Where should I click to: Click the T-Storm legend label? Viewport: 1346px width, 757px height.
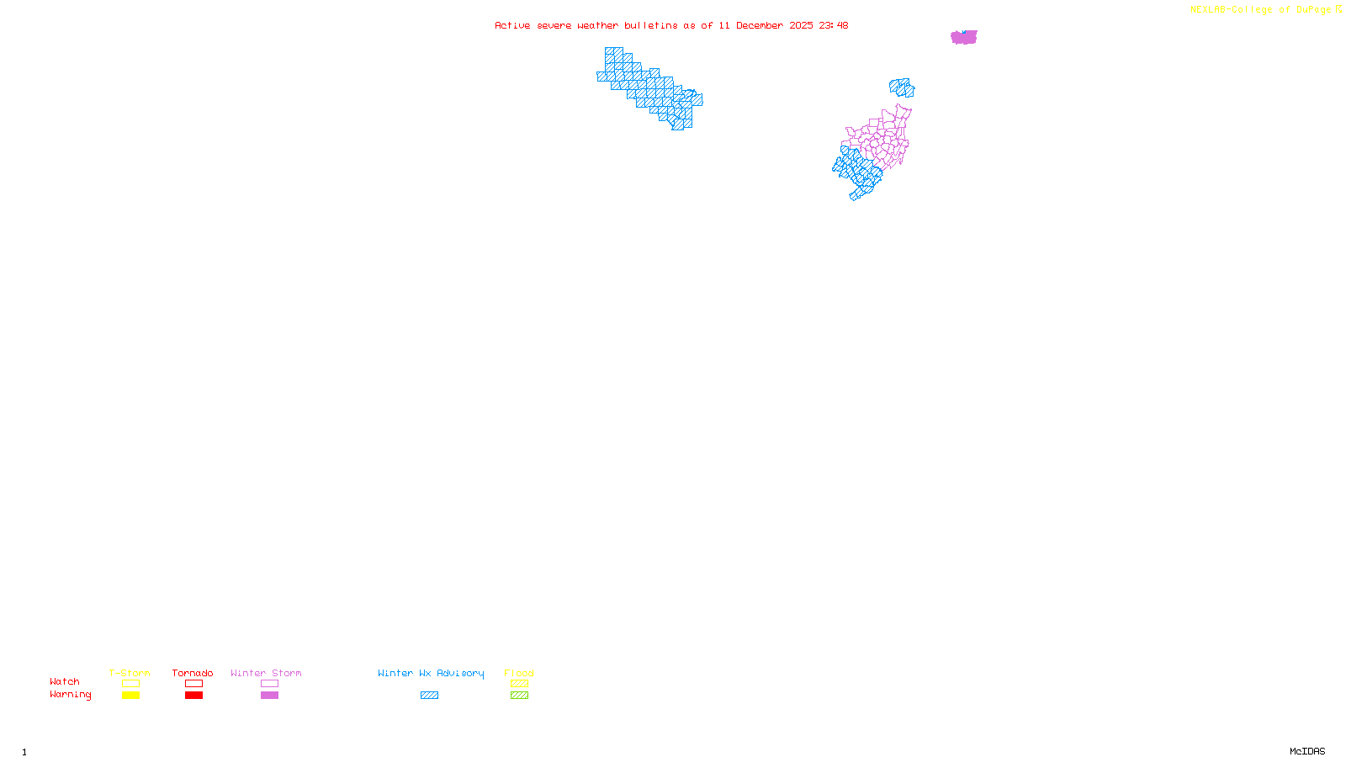tap(130, 673)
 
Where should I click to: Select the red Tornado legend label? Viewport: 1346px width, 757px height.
tap(193, 673)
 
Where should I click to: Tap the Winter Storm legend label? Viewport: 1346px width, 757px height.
tap(266, 673)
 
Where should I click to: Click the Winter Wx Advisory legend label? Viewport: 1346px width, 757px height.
tap(431, 673)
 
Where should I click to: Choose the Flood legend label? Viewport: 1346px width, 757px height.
tap(519, 673)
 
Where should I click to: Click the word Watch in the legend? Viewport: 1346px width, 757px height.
tap(65, 681)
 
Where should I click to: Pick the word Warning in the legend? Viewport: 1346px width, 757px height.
tap(71, 695)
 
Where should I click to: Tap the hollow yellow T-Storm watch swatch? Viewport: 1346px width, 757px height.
tap(130, 684)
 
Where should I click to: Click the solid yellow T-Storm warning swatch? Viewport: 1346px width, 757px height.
tap(130, 696)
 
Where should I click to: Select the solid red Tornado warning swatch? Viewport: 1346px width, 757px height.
tap(193, 696)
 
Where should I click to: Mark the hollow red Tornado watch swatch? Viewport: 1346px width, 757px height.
tap(193, 684)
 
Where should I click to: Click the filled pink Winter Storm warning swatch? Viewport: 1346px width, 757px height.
tap(269, 696)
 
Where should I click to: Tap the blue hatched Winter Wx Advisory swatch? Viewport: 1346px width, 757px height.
tap(429, 696)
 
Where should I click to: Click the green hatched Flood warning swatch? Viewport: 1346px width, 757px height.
tap(519, 696)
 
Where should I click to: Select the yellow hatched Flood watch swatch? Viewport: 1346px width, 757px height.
tap(519, 684)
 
